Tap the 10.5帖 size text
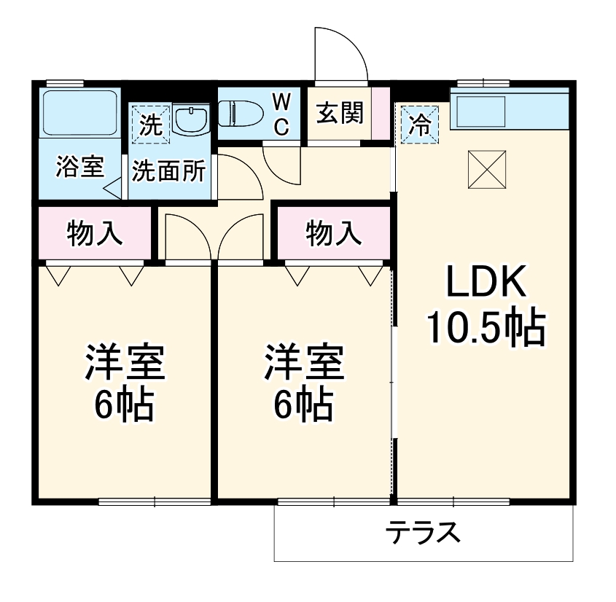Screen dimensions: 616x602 [x=486, y=328]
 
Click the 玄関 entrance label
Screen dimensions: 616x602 [x=340, y=114]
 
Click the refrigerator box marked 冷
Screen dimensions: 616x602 [x=418, y=124]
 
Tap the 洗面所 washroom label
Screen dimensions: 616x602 [x=168, y=171]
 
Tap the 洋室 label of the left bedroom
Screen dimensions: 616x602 [x=125, y=361]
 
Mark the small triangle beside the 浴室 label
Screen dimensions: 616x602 [x=113, y=191]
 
